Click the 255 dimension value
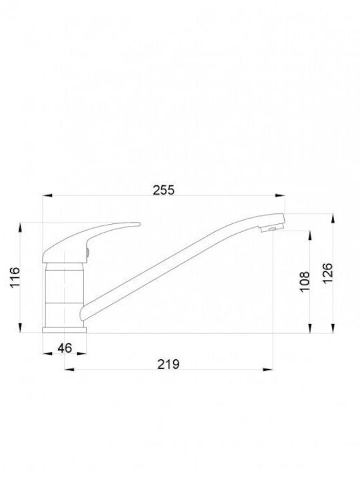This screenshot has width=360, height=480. pos(163,190)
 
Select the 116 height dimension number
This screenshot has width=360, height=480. pos(15,277)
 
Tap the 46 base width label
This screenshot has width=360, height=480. pos(65,348)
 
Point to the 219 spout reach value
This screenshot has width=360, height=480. pos(169,364)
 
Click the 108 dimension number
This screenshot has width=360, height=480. pos(305,281)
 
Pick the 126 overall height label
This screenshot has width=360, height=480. pos(327,273)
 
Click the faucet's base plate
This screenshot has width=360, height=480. pos(64,330)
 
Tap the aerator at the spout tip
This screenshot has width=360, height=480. pos(270,227)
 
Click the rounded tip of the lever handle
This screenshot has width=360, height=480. pos(139,224)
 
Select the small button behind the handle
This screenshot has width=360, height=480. pos(87,253)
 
